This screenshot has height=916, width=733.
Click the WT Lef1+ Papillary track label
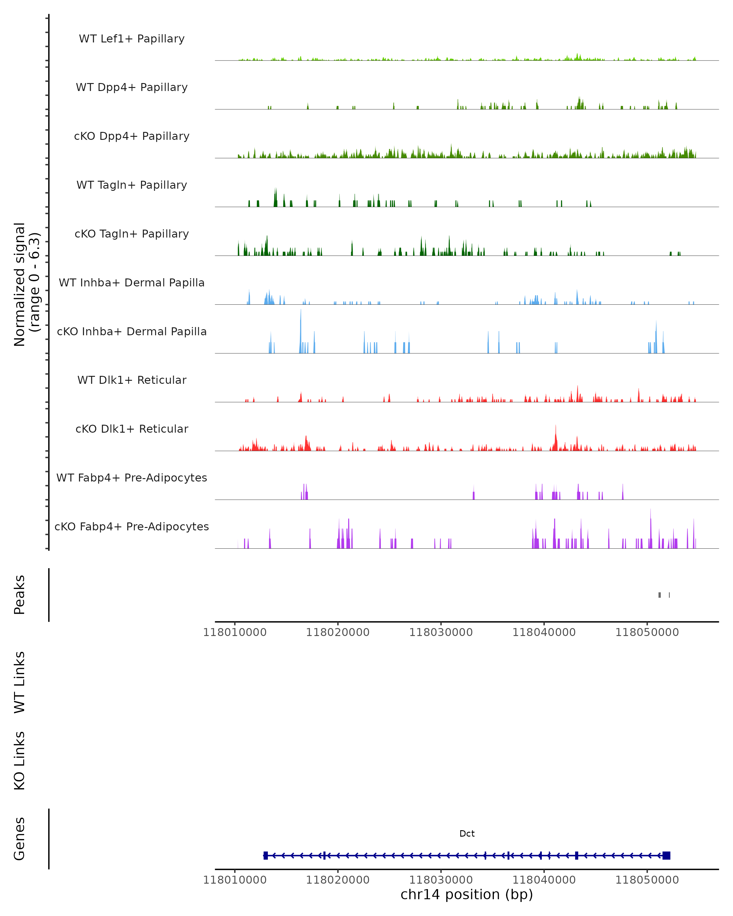click(132, 39)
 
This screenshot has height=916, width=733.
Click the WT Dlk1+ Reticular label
click(132, 380)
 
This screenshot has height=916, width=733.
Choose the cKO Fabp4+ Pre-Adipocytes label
click(132, 526)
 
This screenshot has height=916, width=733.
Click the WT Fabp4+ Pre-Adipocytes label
click(132, 478)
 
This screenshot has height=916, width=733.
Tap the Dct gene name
click(467, 834)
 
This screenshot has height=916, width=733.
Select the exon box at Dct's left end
click(266, 855)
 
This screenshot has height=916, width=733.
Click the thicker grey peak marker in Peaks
click(659, 595)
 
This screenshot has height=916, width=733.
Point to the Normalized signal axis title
click(26, 284)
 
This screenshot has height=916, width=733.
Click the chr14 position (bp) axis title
click(467, 894)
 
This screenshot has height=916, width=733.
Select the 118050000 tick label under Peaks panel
click(647, 632)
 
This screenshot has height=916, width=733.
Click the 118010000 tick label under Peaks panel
click(235, 632)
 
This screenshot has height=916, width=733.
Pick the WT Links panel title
click(20, 682)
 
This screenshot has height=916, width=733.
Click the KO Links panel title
click(20, 761)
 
